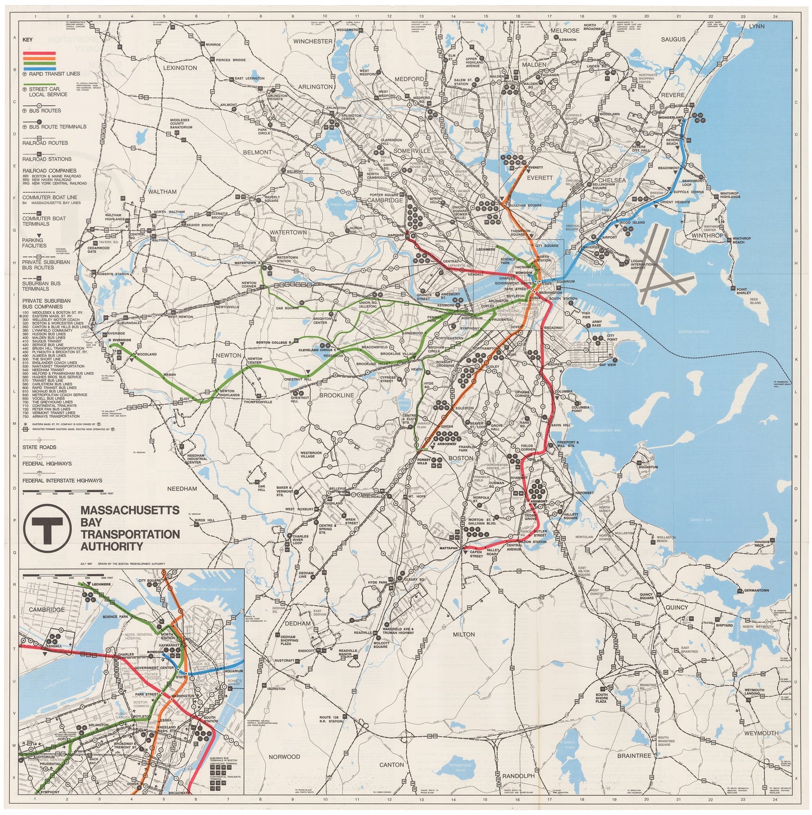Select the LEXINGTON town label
click(180, 68)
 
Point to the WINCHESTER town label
click(312, 42)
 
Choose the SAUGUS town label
click(673, 39)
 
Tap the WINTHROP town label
click(707, 236)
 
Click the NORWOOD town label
click(284, 757)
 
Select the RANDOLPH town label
click(518, 776)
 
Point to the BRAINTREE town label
click(634, 756)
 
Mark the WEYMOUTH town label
click(761, 733)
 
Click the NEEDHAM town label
click(182, 489)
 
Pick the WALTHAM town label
click(162, 192)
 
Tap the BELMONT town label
click(257, 152)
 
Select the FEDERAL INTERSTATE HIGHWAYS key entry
click(62, 481)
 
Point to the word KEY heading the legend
click(28, 40)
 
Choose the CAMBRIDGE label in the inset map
click(47, 610)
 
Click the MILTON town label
click(464, 635)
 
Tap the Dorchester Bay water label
click(605, 431)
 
